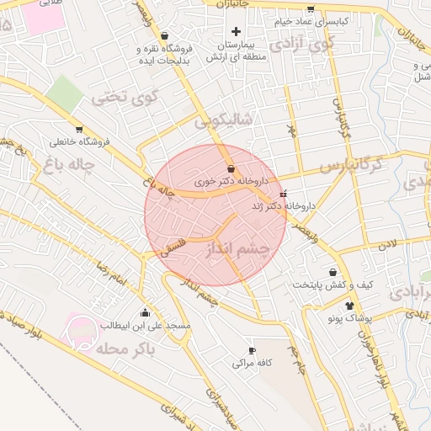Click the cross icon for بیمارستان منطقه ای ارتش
tap(236, 31)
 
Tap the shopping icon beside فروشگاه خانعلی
tap(79, 130)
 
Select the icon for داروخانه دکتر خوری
tap(231, 169)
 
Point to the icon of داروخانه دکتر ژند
tap(283, 194)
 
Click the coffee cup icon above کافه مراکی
tap(251, 350)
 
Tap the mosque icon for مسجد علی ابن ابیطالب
tap(146, 313)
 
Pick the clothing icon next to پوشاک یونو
tap(349, 306)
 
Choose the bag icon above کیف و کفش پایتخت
tap(334, 272)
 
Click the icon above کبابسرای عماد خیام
tap(310, 10)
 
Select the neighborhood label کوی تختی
tap(125, 97)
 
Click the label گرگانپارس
tap(354, 162)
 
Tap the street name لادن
tap(386, 244)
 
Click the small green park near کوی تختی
tap(65, 93)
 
